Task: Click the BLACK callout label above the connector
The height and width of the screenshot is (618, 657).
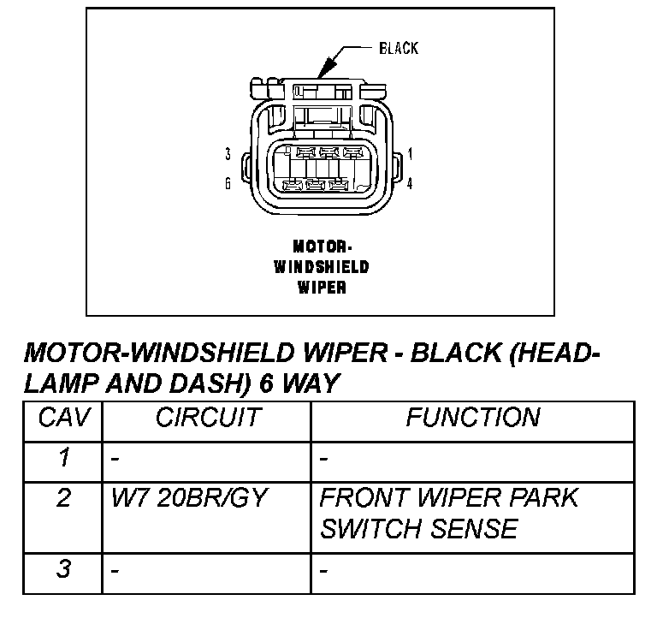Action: point(399,48)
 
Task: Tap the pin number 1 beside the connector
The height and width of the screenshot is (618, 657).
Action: point(411,154)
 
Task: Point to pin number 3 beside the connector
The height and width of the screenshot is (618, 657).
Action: point(228,154)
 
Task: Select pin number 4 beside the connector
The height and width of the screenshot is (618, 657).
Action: point(411,182)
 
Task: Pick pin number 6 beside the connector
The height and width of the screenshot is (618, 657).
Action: point(228,182)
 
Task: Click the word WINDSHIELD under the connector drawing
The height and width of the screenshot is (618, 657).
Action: point(322,267)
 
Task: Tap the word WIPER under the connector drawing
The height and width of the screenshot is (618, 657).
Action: point(322,288)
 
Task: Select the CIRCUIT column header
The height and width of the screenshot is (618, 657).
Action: point(207,419)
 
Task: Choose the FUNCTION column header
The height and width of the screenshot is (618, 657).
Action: point(472,419)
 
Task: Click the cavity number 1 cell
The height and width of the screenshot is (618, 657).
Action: point(63,459)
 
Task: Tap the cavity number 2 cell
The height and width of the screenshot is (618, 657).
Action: point(63,498)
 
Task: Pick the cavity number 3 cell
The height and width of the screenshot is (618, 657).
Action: point(63,568)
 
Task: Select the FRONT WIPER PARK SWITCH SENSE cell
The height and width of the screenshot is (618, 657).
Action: point(448,513)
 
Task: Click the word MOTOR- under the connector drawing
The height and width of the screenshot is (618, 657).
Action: point(322,247)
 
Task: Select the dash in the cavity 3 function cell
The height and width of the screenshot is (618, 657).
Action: point(324,569)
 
